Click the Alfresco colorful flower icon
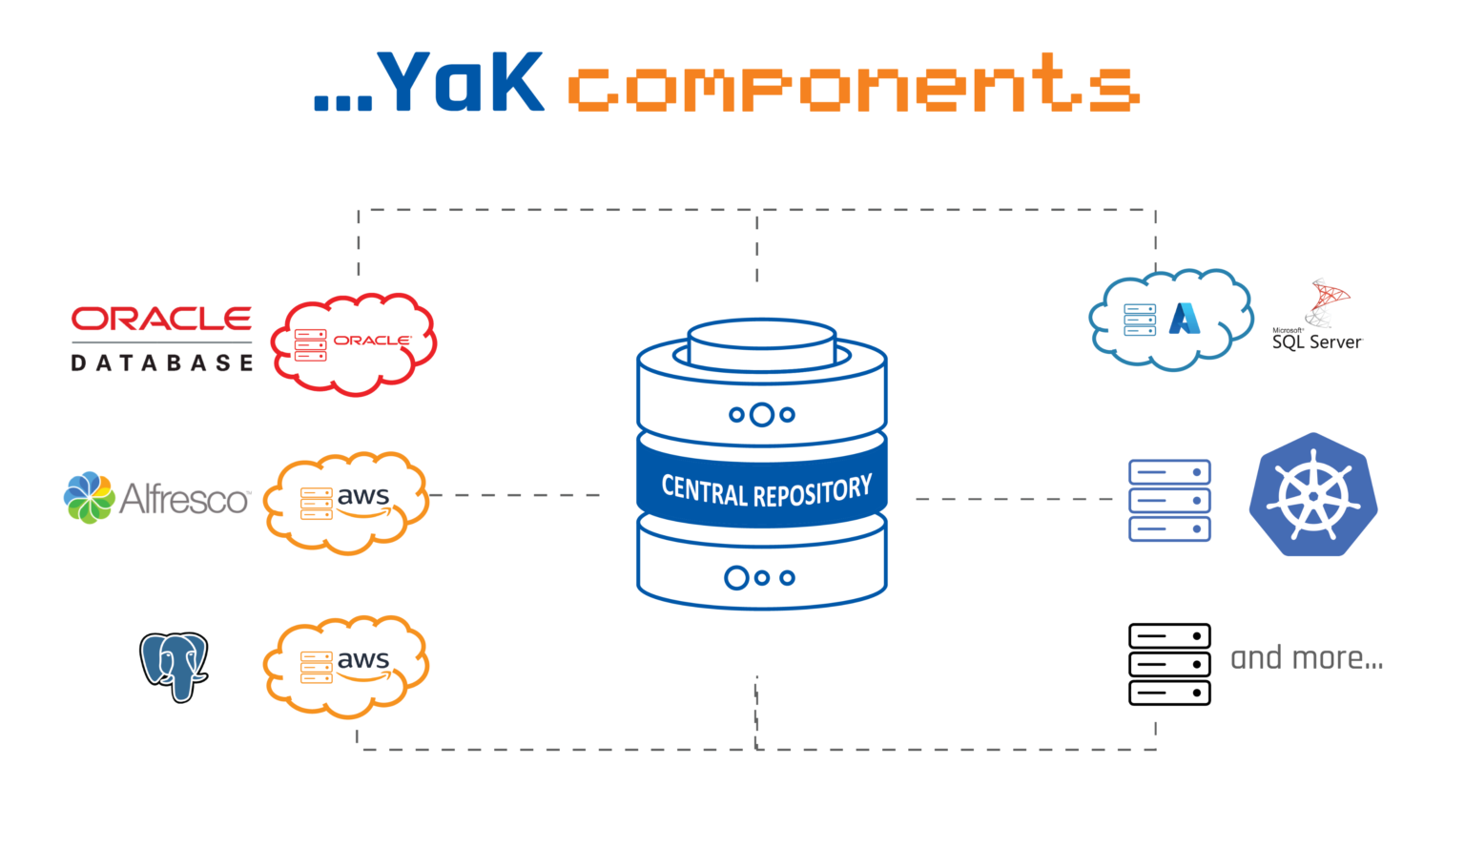[89, 498]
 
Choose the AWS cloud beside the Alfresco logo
[345, 503]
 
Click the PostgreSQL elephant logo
[174, 666]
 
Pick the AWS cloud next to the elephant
[345, 666]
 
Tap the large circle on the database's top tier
[761, 415]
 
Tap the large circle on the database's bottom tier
[736, 578]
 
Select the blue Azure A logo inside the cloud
[1185, 319]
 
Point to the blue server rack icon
[1169, 501]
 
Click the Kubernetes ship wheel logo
[1313, 496]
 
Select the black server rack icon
[1169, 664]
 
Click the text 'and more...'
[1307, 658]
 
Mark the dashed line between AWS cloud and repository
[515, 495]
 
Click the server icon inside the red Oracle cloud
[311, 345]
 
